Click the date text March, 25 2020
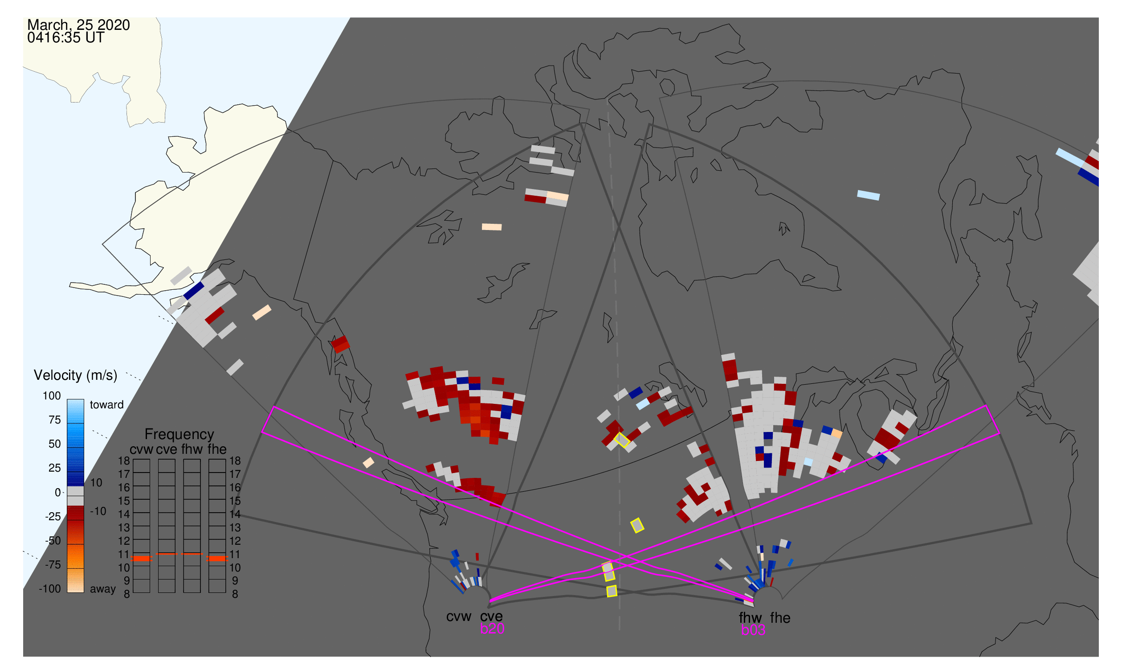click(x=78, y=25)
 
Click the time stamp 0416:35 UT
click(x=65, y=38)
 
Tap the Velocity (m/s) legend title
click(x=75, y=376)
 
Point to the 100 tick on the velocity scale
click(x=52, y=396)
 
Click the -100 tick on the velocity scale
click(x=50, y=589)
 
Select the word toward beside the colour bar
click(x=107, y=405)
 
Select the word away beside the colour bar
click(x=103, y=590)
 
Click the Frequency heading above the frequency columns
click(x=180, y=435)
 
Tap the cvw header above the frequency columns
click(x=141, y=450)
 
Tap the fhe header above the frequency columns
click(x=217, y=450)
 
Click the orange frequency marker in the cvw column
click(x=142, y=559)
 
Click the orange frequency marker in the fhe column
click(x=217, y=559)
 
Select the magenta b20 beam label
click(x=492, y=629)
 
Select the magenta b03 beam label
click(x=753, y=630)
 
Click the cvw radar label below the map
click(x=458, y=617)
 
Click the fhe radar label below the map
click(x=780, y=618)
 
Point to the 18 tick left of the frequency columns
click(x=124, y=461)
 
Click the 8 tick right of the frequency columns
click(x=235, y=595)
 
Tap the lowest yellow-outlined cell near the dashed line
click(x=612, y=592)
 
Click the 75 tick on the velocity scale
click(x=54, y=420)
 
